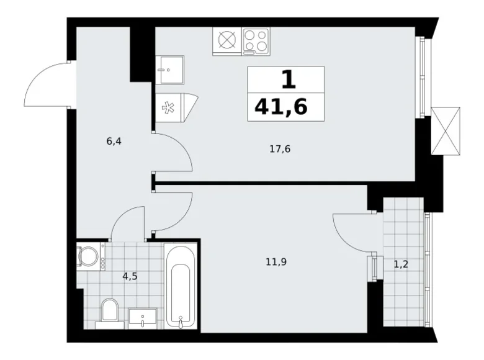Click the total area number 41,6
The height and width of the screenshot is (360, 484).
pos(281,107)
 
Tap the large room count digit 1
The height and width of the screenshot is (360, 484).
pos(289,79)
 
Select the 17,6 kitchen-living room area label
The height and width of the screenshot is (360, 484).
pos(280,150)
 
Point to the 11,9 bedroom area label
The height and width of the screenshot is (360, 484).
pos(276,262)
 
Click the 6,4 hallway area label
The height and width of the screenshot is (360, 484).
pos(114,142)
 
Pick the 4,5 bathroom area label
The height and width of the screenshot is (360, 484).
pos(130,276)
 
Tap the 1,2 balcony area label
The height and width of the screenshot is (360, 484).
pos(401,264)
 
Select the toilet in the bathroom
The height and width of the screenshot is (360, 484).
pos(110,310)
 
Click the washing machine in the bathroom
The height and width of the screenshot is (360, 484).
pos(91,256)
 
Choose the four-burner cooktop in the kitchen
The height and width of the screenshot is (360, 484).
pos(256,41)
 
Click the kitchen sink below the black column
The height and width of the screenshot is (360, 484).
pos(169,70)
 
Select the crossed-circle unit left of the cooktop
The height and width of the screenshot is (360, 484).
pos(227,41)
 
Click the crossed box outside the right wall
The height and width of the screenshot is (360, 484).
pos(445,130)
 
